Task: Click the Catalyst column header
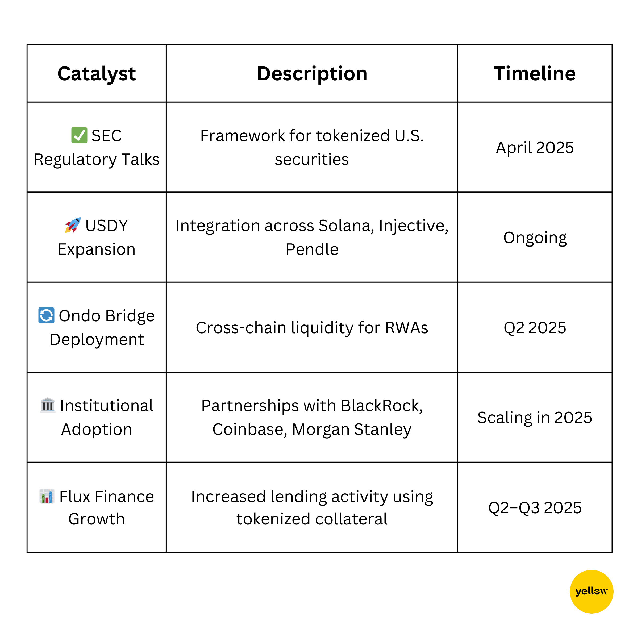click(x=97, y=74)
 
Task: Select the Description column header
click(x=312, y=74)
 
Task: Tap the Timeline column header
click(x=535, y=73)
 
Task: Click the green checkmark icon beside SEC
click(x=79, y=135)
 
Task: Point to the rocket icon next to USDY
click(x=73, y=225)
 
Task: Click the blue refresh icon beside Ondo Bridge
click(x=46, y=315)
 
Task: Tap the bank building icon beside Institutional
click(x=48, y=405)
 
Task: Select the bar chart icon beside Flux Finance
click(x=47, y=496)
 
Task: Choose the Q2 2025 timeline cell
click(x=535, y=328)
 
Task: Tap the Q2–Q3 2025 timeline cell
click(x=535, y=508)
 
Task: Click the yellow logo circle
click(x=592, y=592)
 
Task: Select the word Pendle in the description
click(x=312, y=249)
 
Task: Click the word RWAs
click(x=407, y=328)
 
